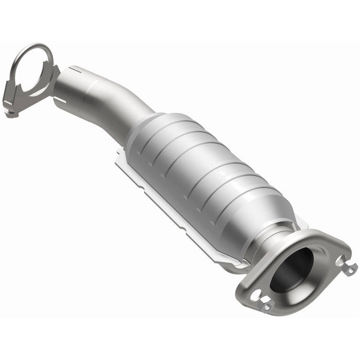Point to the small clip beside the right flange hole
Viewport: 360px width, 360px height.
coord(351,269)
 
